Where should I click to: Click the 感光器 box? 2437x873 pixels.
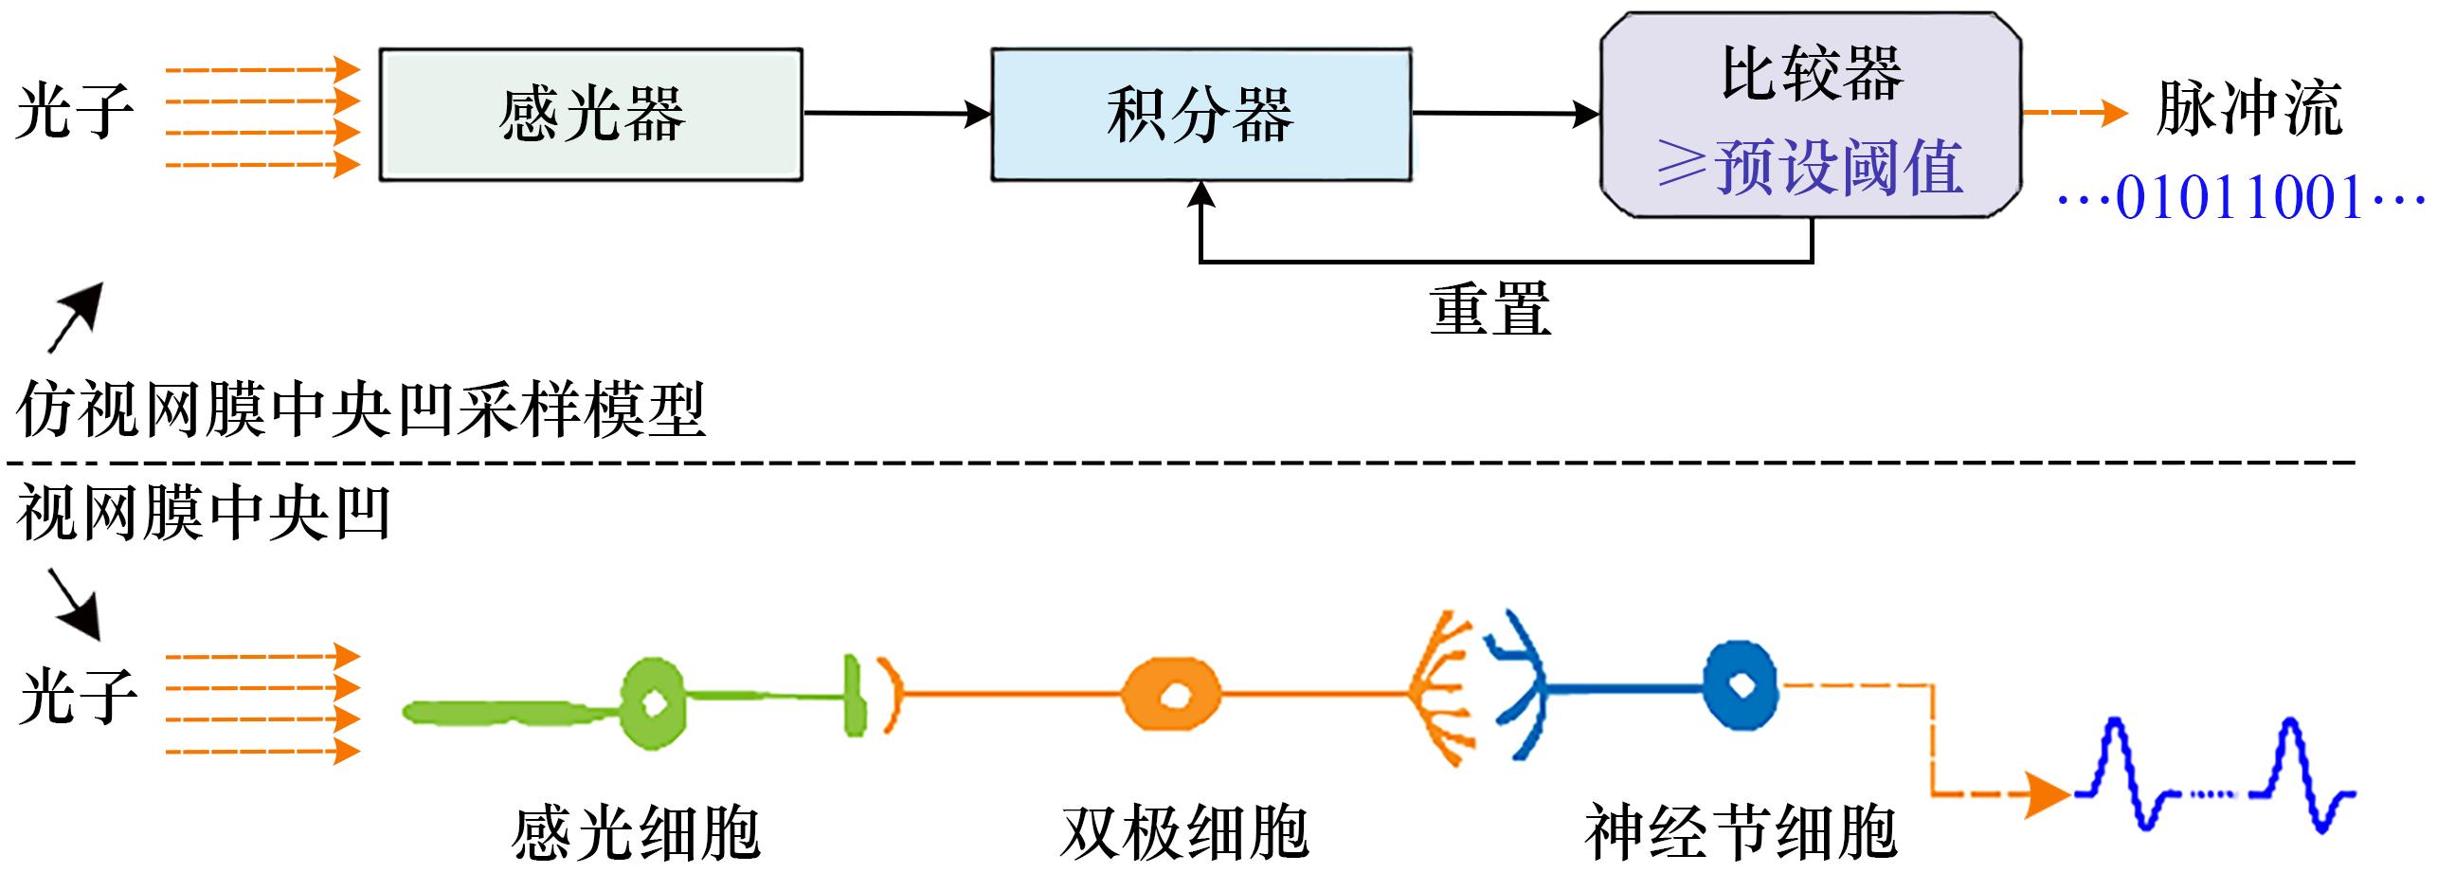pyautogui.click(x=591, y=115)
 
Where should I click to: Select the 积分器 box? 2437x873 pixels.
pyautogui.click(x=1200, y=115)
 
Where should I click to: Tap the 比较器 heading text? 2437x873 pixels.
pyautogui.click(x=1811, y=74)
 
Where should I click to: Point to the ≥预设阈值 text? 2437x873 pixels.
pyautogui.click(x=1810, y=168)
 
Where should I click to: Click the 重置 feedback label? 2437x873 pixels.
pyautogui.click(x=1489, y=309)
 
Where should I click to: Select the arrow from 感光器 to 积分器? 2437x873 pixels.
pyautogui.click(x=896, y=115)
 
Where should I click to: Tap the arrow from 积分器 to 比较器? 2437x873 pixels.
pyautogui.click(x=1505, y=115)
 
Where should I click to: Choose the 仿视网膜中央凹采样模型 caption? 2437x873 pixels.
pyautogui.click(x=361, y=411)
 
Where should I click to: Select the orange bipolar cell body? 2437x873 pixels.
pyautogui.click(x=1171, y=695)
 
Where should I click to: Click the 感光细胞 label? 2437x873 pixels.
pyautogui.click(x=636, y=832)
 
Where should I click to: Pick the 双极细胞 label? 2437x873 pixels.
pyautogui.click(x=1184, y=832)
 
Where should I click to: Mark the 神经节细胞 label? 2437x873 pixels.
pyautogui.click(x=1741, y=832)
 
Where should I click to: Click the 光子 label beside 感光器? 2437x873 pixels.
pyautogui.click(x=75, y=112)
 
